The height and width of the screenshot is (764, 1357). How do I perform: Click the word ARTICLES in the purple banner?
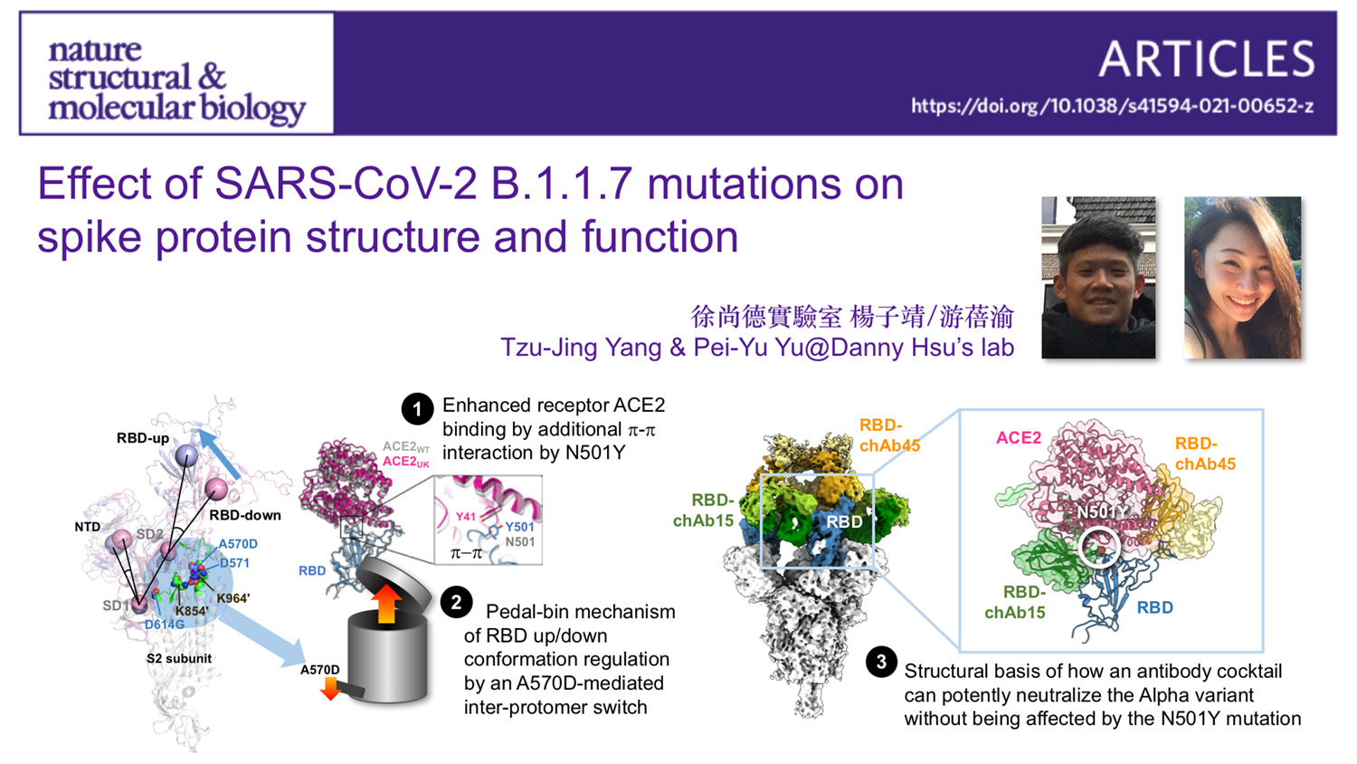coord(1206,60)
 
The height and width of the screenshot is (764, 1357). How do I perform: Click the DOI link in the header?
coord(1112,106)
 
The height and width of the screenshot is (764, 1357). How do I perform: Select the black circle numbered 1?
coord(417,409)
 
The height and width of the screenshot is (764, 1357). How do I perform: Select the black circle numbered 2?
coord(456,602)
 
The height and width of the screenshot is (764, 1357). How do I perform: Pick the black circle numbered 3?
coord(881,662)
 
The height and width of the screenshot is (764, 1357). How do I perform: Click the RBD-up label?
coord(143,438)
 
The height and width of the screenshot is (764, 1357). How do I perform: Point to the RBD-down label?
coord(245,515)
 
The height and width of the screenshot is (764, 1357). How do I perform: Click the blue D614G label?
coord(164,625)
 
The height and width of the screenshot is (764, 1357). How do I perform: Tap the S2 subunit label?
coord(179,658)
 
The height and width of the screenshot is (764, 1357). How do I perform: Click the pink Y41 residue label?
coord(466,516)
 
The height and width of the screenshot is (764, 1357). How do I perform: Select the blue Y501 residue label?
coord(519,527)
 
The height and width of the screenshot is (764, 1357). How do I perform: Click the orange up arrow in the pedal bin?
coord(386,602)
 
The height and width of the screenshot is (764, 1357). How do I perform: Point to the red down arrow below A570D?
coord(330,690)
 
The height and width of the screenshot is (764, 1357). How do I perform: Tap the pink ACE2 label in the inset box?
coord(1019,437)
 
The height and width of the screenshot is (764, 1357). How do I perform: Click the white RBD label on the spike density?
coord(844,521)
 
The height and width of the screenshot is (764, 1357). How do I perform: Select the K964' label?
coord(232,597)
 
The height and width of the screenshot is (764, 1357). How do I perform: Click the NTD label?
coord(87,526)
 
